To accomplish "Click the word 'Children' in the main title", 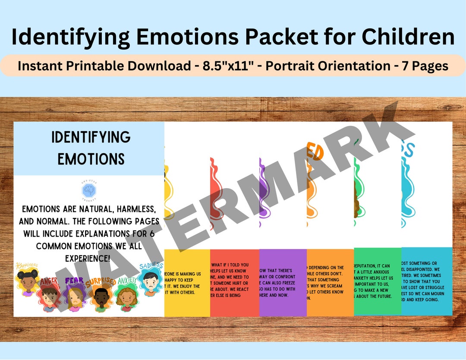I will point(408,36).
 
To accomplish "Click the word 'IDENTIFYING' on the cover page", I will point(91,137).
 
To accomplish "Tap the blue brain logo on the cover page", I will point(88,190).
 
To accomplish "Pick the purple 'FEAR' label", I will point(74,281).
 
